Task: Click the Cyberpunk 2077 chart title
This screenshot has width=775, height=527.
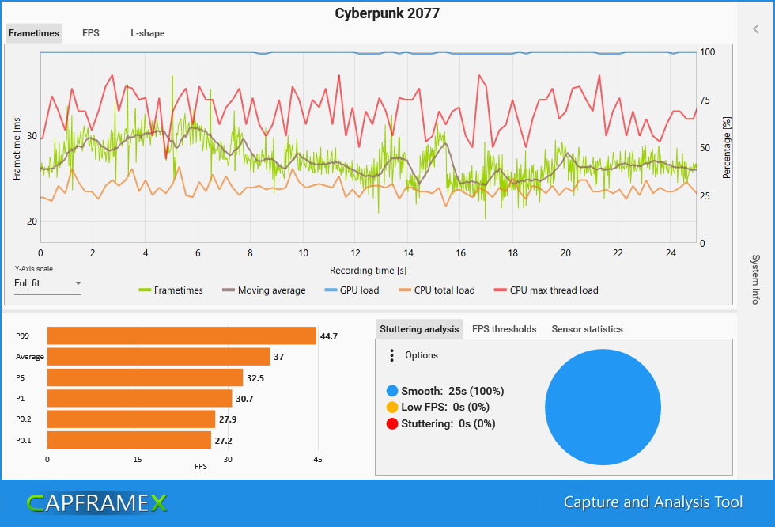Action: tap(387, 13)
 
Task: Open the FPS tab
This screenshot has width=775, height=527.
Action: tap(91, 33)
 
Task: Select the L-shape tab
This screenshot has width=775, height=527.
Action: tap(148, 33)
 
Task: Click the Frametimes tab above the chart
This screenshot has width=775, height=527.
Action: tap(34, 33)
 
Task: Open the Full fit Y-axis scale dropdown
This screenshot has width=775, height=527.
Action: tap(48, 283)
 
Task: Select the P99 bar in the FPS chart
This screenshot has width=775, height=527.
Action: tap(182, 336)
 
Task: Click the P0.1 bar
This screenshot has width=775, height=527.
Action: tap(129, 440)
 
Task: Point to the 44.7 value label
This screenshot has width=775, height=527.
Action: tap(329, 336)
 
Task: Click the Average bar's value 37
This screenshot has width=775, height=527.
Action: tap(279, 357)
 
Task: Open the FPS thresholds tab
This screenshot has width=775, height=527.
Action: tap(504, 329)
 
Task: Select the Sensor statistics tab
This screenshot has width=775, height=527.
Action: tap(587, 329)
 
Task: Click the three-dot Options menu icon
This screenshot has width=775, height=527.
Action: tap(391, 355)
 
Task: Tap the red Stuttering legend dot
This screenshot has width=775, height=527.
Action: tap(391, 423)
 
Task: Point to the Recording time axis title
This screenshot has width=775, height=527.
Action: tap(369, 270)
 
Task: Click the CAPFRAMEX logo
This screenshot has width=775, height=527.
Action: tap(96, 502)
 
